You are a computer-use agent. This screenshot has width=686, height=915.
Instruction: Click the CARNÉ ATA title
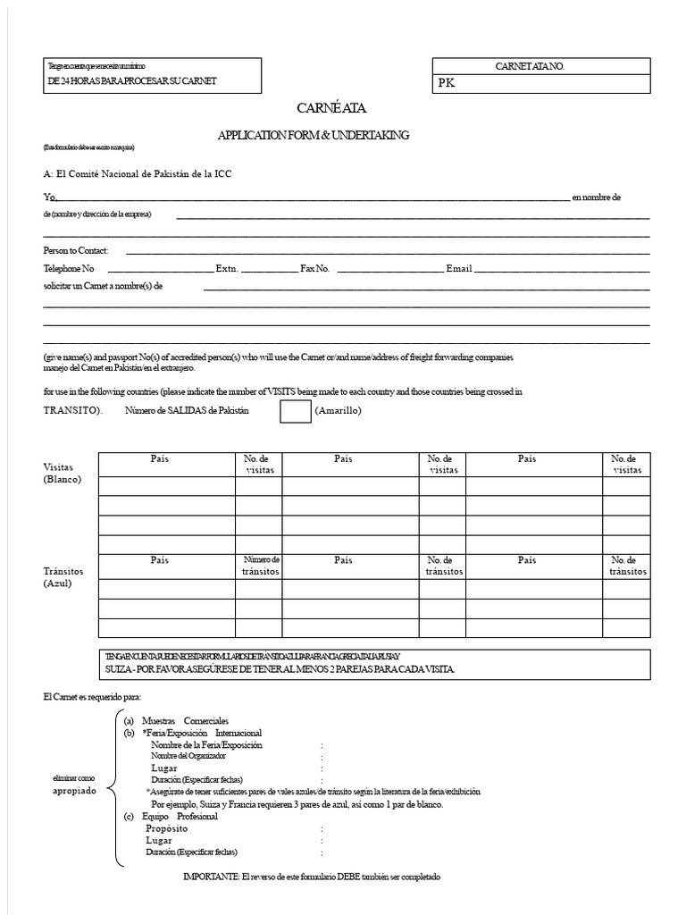[331, 108]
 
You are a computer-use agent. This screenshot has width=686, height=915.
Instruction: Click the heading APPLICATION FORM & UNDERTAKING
[314, 135]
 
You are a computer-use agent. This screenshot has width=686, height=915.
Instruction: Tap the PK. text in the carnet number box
[447, 84]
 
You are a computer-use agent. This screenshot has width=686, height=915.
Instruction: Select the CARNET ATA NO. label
[530, 66]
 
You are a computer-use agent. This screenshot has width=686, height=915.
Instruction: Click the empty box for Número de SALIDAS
[295, 411]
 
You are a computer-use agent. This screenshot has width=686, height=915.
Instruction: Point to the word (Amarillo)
[339, 411]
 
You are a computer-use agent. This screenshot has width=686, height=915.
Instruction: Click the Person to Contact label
[75, 251]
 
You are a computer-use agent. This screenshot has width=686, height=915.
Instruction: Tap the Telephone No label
[68, 268]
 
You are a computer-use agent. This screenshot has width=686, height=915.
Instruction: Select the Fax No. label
[314, 268]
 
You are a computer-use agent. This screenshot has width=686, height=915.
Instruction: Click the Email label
[459, 268]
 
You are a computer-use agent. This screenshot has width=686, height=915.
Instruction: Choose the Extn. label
[227, 268]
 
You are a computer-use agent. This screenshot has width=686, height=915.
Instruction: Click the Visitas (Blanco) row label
[63, 473]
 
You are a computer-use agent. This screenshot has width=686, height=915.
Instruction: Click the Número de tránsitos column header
[262, 566]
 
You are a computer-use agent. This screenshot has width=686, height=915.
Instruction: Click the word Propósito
[167, 828]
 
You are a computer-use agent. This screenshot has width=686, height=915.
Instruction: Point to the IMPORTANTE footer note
[311, 877]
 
